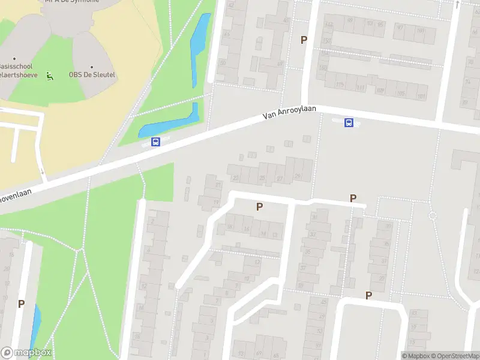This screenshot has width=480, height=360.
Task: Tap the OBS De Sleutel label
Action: pos(92,75)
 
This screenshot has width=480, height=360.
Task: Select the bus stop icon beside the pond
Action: pos(156,142)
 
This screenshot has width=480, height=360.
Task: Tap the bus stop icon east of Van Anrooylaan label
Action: pos(349,123)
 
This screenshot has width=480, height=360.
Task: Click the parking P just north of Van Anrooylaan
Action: pos(304,40)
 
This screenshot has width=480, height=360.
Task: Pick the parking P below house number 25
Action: pos(260,206)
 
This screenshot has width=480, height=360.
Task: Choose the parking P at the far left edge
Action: pos(21,304)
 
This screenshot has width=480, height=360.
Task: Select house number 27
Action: pos(280,179)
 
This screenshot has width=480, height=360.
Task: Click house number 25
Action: pos(262,179)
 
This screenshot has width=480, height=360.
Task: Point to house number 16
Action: pos(247,229)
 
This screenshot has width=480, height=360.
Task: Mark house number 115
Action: pos(341,86)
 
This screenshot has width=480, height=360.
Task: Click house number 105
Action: pos(400,94)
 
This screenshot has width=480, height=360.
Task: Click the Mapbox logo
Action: pos(26,352)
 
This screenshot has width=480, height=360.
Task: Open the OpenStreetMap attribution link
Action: pos(454,356)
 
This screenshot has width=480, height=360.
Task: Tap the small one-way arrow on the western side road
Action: pos(43,172)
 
